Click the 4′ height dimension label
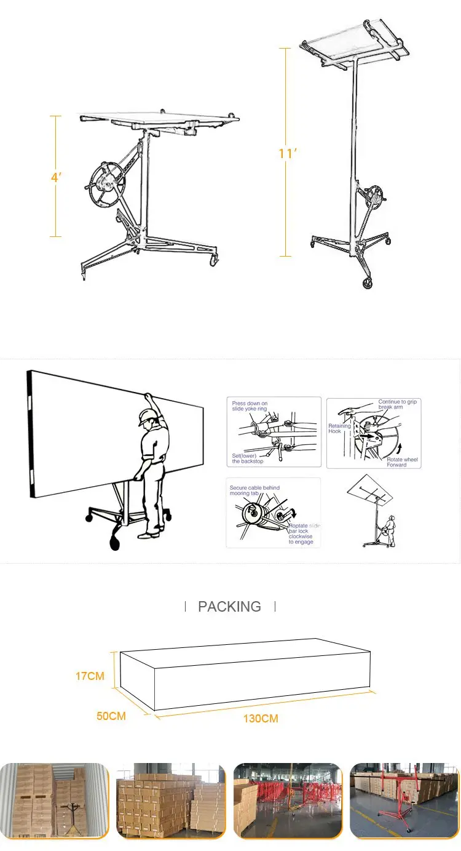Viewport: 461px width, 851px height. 56,177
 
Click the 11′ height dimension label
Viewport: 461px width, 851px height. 287,153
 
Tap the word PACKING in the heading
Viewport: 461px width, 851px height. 229,606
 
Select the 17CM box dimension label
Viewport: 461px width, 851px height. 90,676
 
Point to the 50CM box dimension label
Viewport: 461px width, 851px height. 111,716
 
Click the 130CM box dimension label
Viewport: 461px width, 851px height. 260,718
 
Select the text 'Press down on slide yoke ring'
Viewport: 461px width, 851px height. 250,406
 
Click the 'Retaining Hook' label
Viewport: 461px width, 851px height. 339,428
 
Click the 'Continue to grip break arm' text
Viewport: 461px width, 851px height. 398,404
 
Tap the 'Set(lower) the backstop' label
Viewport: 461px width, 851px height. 248,458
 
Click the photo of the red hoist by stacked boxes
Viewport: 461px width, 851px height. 405,800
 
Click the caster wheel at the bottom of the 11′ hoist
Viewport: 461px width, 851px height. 368,284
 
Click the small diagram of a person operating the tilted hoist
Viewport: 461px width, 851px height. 372,511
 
